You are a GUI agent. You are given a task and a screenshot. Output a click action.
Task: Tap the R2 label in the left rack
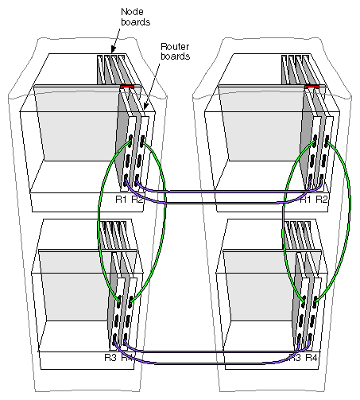[x=137, y=198]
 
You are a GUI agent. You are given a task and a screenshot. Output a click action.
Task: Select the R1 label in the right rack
[x=305, y=198]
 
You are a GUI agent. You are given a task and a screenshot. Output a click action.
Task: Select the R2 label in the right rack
[x=322, y=198]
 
